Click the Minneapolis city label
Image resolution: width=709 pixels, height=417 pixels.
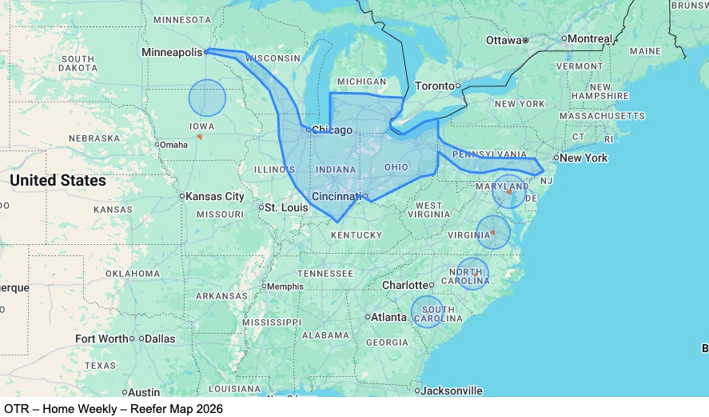click(172, 52)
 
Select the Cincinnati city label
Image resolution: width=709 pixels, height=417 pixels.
click(336, 196)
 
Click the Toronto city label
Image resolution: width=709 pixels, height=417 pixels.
click(434, 86)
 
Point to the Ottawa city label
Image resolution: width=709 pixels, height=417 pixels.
click(504, 40)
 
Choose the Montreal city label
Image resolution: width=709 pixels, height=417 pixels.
click(590, 38)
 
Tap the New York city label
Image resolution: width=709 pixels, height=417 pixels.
click(584, 158)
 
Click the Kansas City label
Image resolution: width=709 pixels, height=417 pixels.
click(215, 196)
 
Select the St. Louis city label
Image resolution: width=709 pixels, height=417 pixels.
click(286, 208)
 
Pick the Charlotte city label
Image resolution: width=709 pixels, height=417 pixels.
click(404, 285)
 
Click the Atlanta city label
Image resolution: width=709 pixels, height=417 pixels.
click(389, 317)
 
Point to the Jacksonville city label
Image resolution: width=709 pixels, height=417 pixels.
click(452, 391)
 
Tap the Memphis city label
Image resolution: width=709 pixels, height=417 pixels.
click(285, 287)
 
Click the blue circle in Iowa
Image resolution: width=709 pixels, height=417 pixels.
click(208, 98)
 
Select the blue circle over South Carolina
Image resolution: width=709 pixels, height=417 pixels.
click(428, 312)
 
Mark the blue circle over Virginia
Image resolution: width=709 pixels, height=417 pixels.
click(493, 232)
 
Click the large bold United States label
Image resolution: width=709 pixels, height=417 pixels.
click(58, 181)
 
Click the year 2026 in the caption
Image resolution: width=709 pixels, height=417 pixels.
click(208, 408)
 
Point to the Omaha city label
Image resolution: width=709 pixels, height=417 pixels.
click(173, 145)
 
